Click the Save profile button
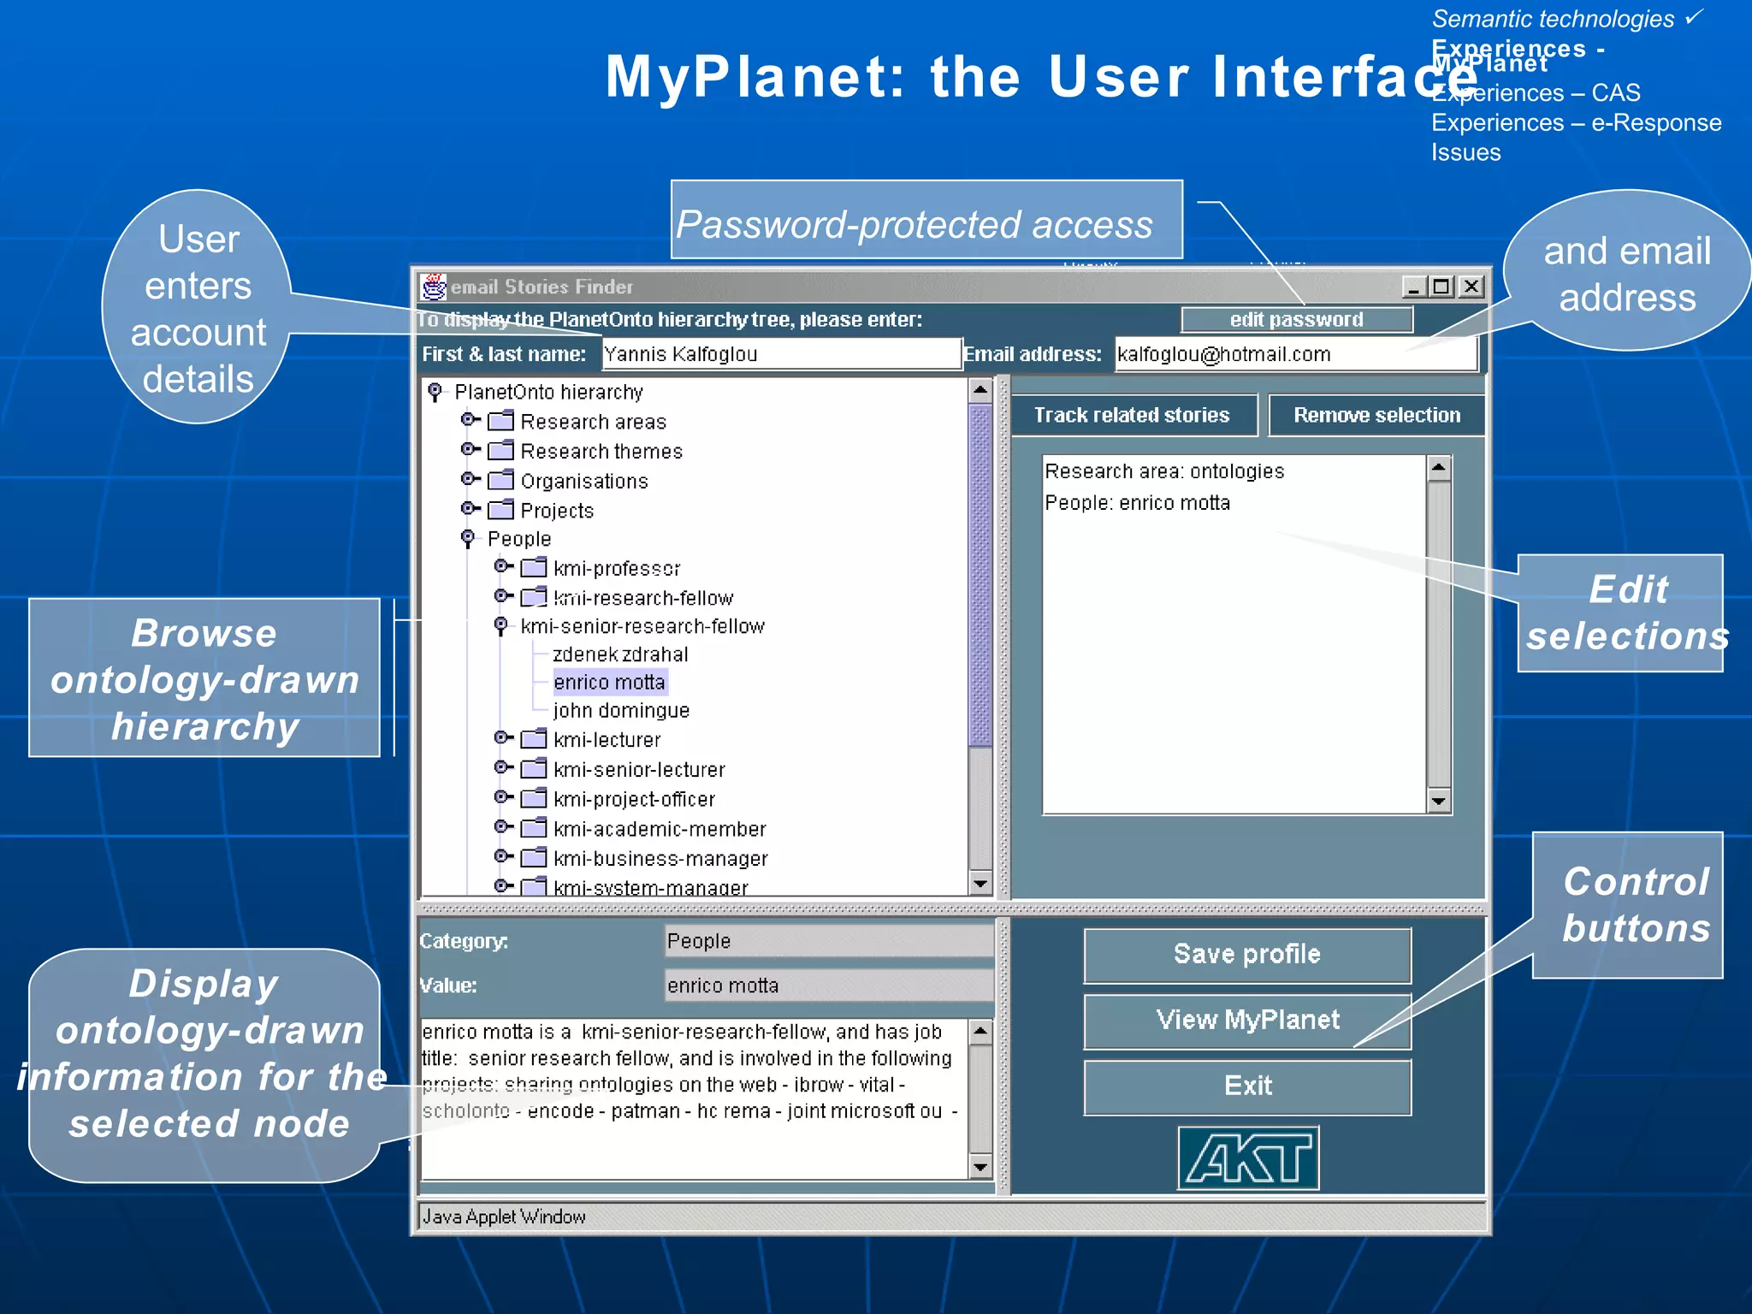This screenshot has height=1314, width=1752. pos(1246,955)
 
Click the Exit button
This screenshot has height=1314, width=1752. pos(1246,1086)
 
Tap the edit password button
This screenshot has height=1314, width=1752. pos(1296,320)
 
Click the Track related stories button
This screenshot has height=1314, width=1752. pos(1132,416)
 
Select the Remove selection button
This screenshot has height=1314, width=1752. pos(1376,416)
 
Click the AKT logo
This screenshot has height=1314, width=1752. pos(1248,1158)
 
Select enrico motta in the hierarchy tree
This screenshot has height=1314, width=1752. pos(609,683)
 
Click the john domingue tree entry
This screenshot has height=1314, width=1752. pos(621,711)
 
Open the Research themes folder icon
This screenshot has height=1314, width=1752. pos(500,451)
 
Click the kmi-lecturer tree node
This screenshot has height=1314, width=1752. pos(607,740)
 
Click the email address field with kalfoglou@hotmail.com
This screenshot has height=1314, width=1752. pos(1294,354)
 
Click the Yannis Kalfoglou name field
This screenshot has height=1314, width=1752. pos(780,354)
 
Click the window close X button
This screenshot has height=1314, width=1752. pos(1471,287)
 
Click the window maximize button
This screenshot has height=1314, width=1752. pos(1442,287)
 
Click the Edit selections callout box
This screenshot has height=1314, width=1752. pos(1620,613)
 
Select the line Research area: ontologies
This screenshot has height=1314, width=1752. pos(1164,471)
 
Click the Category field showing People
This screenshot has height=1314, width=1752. pos(828,941)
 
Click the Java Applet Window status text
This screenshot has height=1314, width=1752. pos(504,1216)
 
